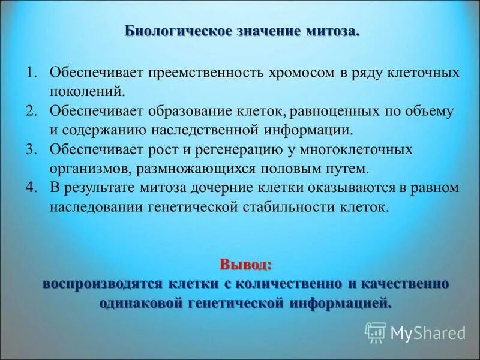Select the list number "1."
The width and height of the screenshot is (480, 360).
(32, 73)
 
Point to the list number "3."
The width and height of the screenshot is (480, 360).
(32, 148)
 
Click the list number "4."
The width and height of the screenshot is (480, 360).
(32, 187)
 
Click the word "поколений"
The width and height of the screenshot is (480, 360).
(88, 92)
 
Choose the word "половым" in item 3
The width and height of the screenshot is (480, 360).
(274, 167)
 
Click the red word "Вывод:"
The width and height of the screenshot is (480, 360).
(245, 265)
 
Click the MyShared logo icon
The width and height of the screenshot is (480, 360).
(376, 332)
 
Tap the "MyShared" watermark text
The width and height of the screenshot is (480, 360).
(428, 332)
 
